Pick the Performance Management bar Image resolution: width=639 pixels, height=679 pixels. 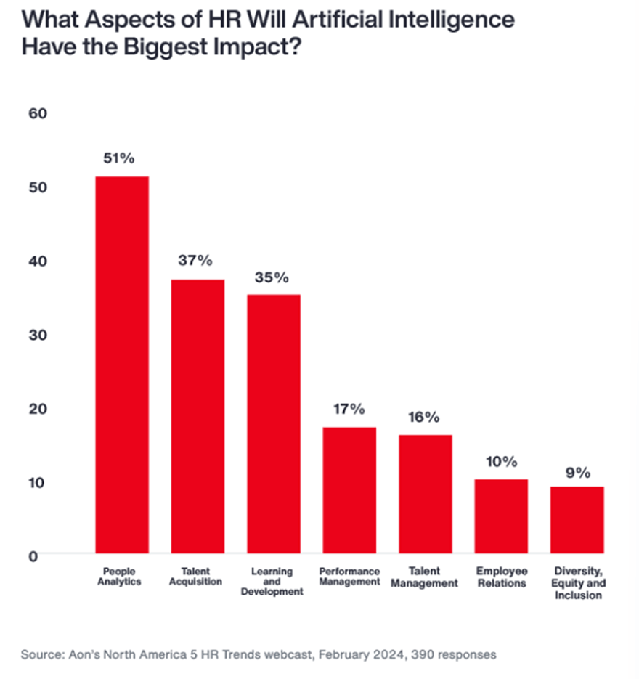coord(349,490)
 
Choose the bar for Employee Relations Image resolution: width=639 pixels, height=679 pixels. coord(501,516)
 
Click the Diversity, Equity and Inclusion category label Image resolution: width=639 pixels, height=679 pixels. coord(577,583)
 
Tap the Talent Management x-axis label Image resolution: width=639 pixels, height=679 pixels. coord(425,577)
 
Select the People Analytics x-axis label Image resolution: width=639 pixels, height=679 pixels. coord(121,577)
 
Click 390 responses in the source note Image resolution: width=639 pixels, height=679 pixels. coord(454,654)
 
